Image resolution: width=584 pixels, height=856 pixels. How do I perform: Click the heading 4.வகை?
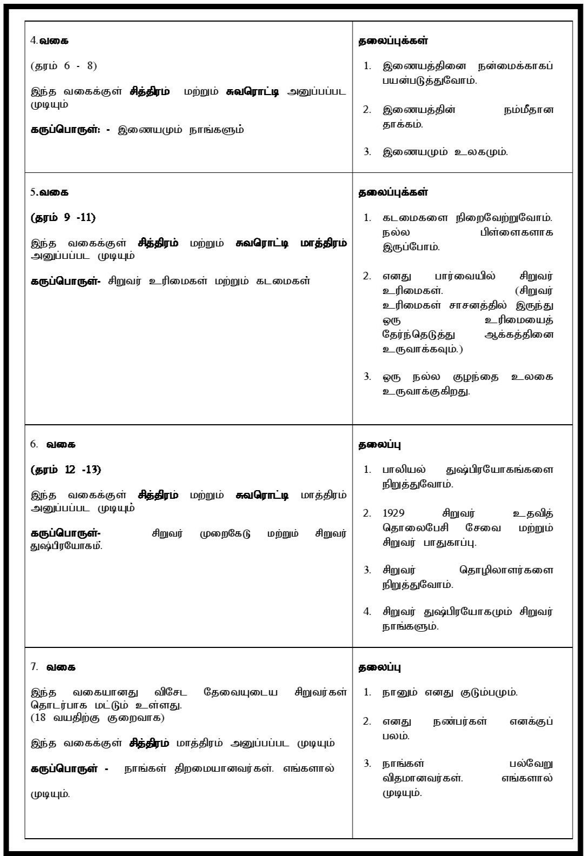tap(50, 41)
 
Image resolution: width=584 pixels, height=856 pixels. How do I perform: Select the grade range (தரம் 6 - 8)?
tap(64, 66)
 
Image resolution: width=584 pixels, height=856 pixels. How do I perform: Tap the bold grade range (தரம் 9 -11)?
tap(63, 217)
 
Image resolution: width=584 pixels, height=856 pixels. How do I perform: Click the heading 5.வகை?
tap(50, 192)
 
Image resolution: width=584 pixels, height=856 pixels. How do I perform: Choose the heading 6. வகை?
tap(53, 444)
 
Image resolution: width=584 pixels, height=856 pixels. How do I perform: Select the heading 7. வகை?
tap(53, 667)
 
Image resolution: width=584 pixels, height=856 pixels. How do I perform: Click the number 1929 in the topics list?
tap(394, 513)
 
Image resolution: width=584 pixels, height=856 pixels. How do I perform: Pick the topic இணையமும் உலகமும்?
tap(445, 152)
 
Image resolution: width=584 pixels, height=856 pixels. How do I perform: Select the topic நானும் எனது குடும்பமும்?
tap(450, 692)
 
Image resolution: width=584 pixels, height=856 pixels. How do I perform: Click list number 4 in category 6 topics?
tap(367, 612)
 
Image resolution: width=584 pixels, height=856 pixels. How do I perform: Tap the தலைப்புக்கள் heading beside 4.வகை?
tap(393, 41)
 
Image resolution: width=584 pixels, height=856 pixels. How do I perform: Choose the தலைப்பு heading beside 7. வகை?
tap(380, 667)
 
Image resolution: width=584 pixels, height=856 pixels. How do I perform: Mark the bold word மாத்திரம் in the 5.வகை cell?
tap(323, 243)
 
